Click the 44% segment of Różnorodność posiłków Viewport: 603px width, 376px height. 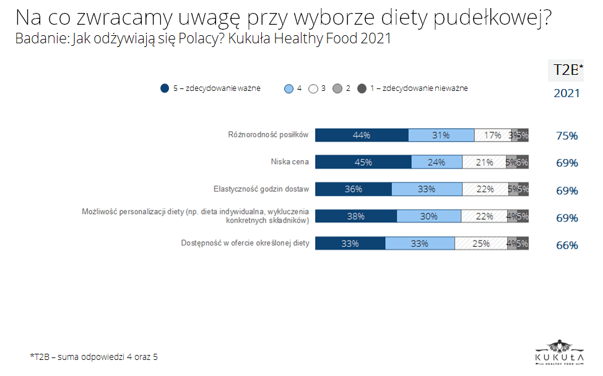362,135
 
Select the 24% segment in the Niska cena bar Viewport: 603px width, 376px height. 436,163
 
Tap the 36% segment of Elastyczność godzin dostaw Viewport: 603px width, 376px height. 353,189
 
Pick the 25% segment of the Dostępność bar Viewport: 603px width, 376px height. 480,244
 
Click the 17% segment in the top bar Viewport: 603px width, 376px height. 493,135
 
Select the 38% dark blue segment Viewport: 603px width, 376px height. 355,216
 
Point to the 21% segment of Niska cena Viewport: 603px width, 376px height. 484,163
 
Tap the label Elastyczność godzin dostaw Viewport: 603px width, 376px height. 261,189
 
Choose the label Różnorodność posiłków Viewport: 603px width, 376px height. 267,135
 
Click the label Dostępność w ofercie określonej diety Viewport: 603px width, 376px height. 245,243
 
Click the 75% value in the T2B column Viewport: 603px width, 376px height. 566,136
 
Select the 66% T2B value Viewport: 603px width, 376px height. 566,245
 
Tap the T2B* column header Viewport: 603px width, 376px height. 566,70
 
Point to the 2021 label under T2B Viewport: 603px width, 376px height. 566,93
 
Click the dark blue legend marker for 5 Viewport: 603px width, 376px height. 165,88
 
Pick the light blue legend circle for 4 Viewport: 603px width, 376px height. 288,88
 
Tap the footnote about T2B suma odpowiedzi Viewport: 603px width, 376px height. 93,357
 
